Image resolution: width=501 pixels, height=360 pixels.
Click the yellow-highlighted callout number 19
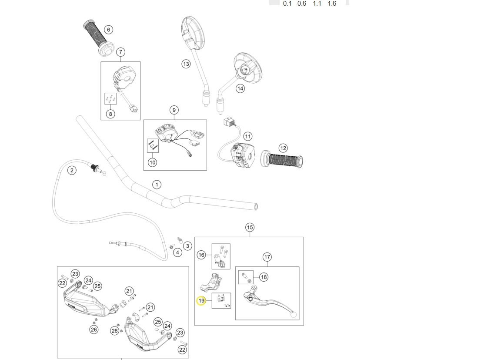tap(201, 301)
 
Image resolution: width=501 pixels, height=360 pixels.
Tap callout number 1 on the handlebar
tap(156, 185)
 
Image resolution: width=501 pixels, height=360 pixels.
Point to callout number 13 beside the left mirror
tap(186, 64)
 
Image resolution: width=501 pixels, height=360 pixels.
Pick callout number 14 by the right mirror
tap(240, 88)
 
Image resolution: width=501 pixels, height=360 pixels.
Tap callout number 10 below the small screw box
tap(152, 162)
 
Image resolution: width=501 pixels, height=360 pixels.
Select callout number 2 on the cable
tap(72, 171)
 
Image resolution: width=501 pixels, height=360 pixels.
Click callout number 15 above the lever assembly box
tap(250, 227)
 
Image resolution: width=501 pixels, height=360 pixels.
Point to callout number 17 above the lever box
tap(267, 257)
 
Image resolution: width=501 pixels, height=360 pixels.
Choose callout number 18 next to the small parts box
tap(264, 277)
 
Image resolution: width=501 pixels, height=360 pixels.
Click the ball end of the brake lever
tap(293, 314)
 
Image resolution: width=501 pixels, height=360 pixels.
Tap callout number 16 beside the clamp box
tap(201, 255)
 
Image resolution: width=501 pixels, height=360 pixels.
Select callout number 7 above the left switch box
tap(120, 52)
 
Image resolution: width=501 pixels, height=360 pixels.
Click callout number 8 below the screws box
tap(110, 114)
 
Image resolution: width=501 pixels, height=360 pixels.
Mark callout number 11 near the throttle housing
tap(247, 136)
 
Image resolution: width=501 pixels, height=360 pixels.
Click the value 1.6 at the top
tap(332, 3)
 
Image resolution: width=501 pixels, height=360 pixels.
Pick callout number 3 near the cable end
tap(187, 246)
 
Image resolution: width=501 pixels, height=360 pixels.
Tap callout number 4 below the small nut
tap(177, 252)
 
